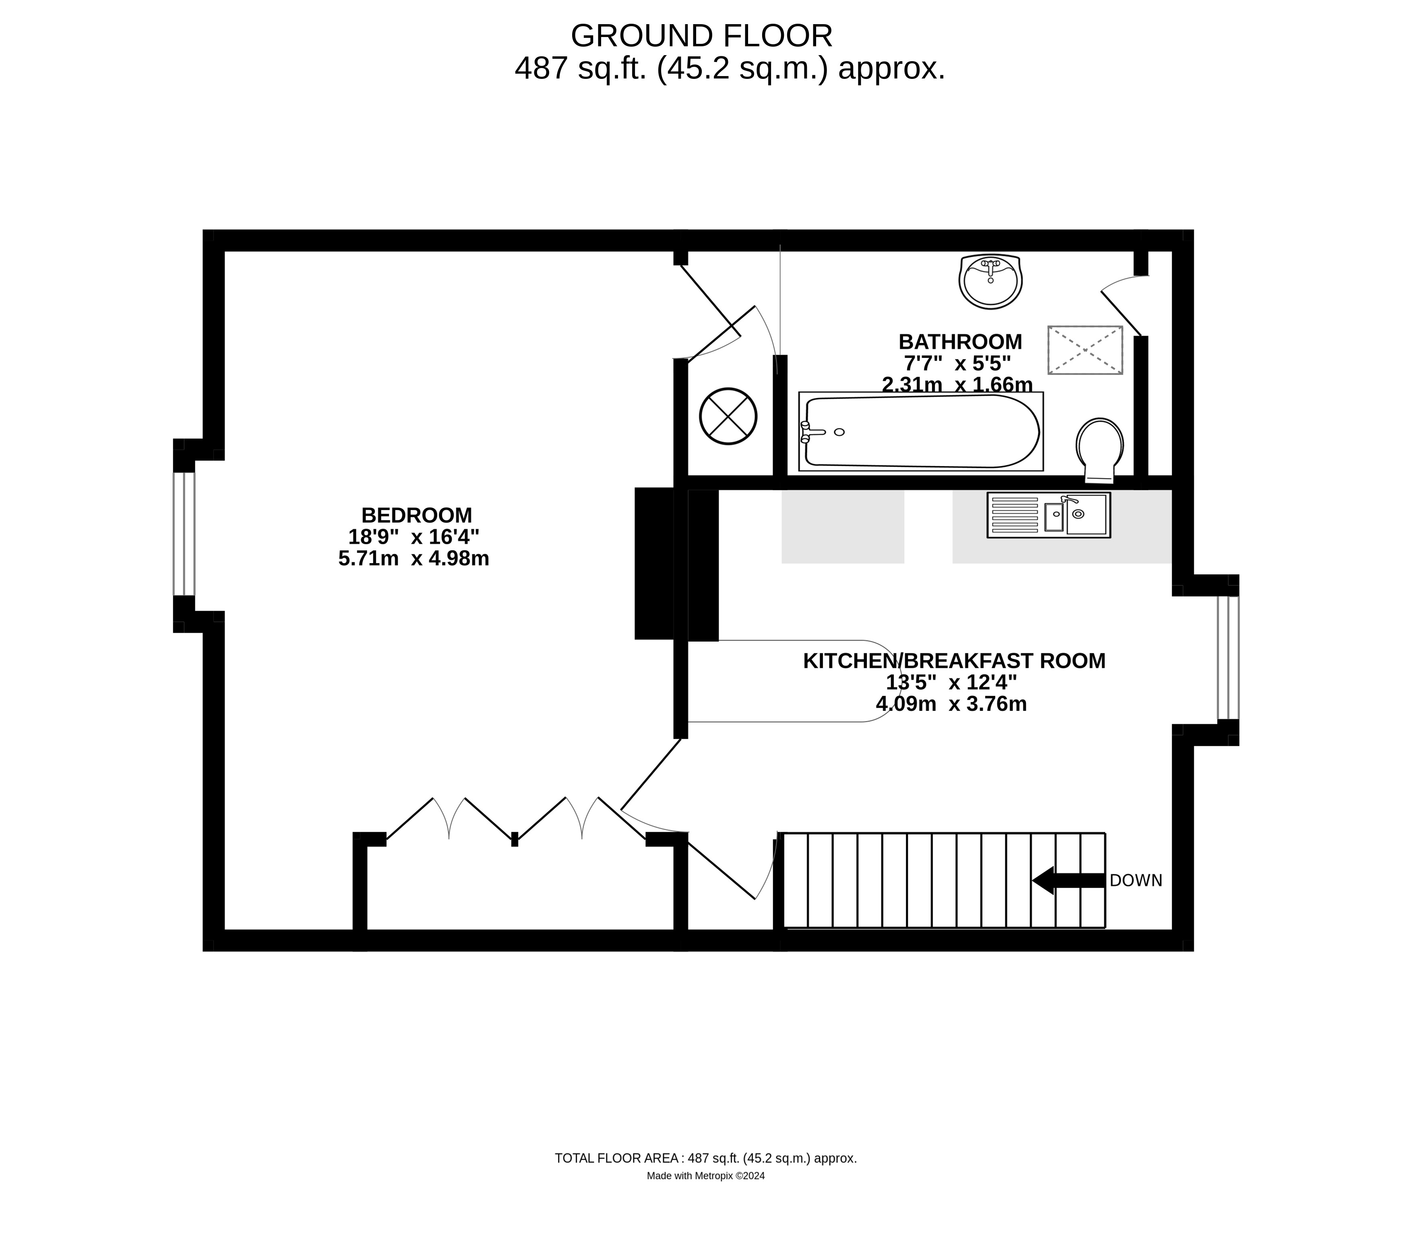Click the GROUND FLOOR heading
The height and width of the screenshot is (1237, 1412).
coord(701,36)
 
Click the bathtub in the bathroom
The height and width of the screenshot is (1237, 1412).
coord(920,432)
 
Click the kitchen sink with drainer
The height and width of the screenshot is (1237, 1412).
coord(1048,515)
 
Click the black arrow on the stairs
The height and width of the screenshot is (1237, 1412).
coord(1067,880)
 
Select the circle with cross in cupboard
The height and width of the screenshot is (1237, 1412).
coord(728,416)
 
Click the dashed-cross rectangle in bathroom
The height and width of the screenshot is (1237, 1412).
coord(1085,350)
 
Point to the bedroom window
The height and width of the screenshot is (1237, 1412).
coord(184,534)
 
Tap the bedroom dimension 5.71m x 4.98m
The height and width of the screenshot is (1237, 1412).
coord(413,558)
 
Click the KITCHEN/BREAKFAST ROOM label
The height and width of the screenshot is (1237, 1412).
coord(953,661)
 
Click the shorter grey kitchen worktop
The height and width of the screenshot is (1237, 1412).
coord(842,526)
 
